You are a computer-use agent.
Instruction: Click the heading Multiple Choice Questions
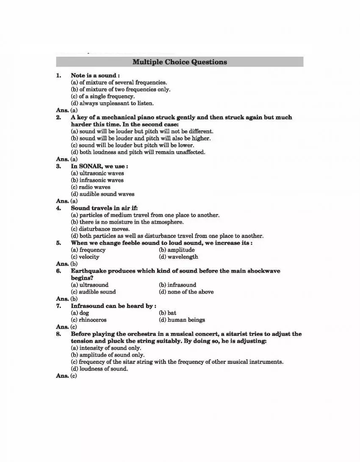pos(180,62)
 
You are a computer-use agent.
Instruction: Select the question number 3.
pos(58,166)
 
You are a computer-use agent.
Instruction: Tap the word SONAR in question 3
pos(89,166)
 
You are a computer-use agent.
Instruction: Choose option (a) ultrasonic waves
pos(97,173)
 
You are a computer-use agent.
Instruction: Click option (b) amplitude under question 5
pos(177,250)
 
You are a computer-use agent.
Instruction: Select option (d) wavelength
pos(178,257)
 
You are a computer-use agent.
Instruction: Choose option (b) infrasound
pos(177,285)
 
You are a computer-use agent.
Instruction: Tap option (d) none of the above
pos(186,292)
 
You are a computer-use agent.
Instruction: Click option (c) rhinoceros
pos(89,320)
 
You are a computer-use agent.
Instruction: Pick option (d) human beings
pos(182,320)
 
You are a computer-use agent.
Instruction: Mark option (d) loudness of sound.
pos(99,368)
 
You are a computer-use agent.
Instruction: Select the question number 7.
pos(58,305)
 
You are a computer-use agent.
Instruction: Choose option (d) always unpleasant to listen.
pos(112,103)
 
